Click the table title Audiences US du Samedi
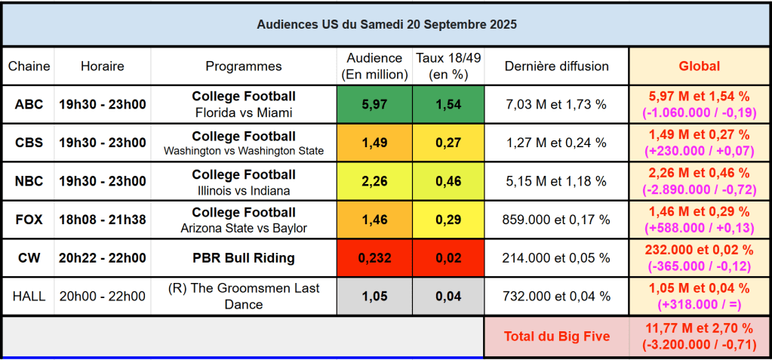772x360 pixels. pos(386,24)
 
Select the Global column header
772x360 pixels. pos(699,66)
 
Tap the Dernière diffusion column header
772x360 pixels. pos(556,66)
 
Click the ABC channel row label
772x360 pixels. pos(29,105)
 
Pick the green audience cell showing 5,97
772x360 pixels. pos(374,105)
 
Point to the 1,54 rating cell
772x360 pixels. pos(448,105)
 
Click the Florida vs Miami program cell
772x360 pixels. pos(244,105)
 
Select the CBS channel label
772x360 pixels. pos(29,143)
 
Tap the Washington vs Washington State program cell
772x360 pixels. pos(244,143)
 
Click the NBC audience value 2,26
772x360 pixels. pos(374,182)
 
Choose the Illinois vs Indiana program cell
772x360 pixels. pos(244,182)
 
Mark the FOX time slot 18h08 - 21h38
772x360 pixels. pos(103,220)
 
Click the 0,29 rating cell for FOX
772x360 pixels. pos(448,220)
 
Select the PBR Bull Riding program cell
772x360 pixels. pos(244,258)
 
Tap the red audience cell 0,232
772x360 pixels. pos(374,258)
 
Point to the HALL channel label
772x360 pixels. pos(29,297)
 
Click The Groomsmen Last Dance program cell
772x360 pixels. pos(244,297)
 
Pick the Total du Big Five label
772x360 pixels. pos(556,336)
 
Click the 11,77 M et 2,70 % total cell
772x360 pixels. pos(699,336)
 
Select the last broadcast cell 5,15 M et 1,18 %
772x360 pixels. pos(556,182)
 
